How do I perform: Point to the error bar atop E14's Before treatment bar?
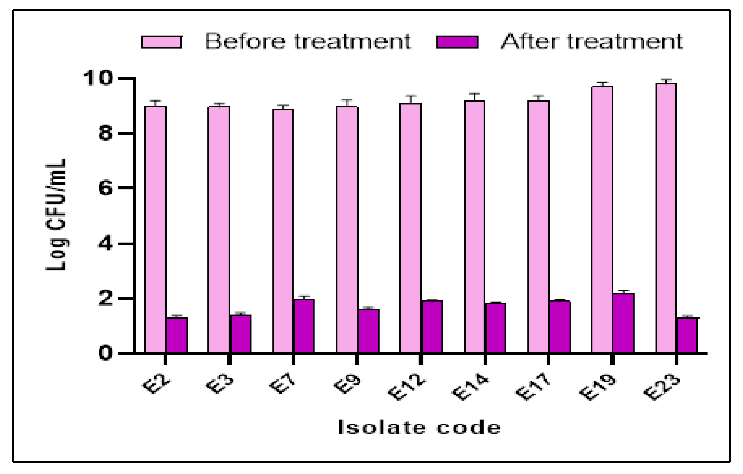(x=475, y=96)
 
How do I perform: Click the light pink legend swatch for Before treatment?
(x=161, y=42)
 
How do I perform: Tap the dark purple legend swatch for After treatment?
(x=458, y=42)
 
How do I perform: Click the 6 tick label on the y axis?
(x=105, y=188)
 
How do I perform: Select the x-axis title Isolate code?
(x=419, y=427)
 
